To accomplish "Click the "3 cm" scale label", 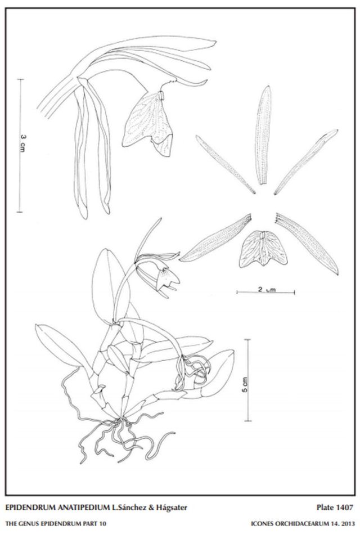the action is pyautogui.click(x=23, y=143).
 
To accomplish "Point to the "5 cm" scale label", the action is pyautogui.click(x=244, y=385).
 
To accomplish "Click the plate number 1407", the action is pyautogui.click(x=345, y=507).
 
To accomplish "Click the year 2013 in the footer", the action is pyautogui.click(x=348, y=524).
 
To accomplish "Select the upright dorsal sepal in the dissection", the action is pyautogui.click(x=263, y=135).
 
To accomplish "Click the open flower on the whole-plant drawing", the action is pyautogui.click(x=158, y=275).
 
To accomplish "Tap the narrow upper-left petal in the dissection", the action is pyautogui.click(x=226, y=165).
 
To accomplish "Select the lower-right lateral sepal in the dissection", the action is pyautogui.click(x=307, y=244).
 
